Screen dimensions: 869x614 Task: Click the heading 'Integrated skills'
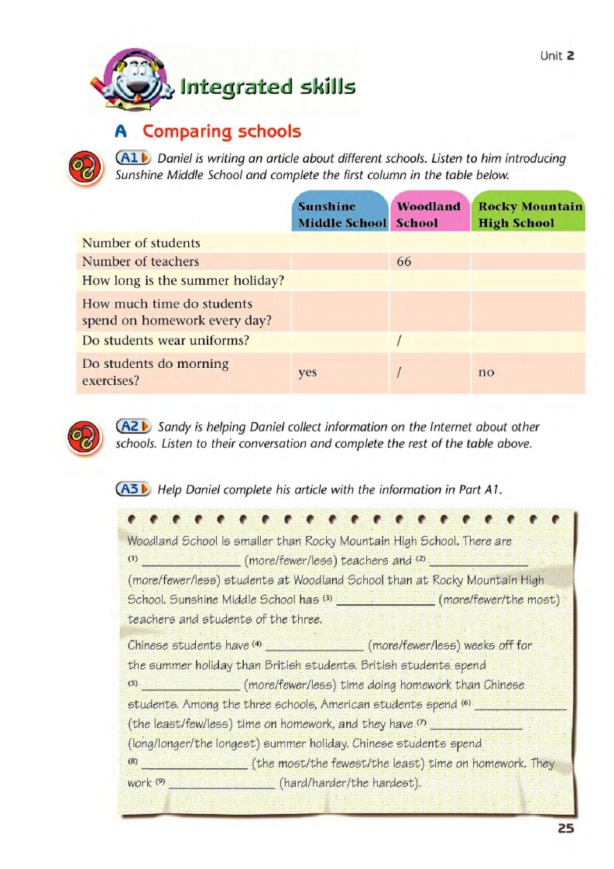click(267, 86)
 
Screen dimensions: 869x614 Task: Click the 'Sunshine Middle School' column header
click(341, 215)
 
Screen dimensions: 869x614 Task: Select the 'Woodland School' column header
click(428, 215)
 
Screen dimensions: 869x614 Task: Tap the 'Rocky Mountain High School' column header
click(530, 215)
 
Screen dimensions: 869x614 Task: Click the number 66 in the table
click(403, 262)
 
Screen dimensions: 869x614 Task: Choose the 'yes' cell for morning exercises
click(307, 373)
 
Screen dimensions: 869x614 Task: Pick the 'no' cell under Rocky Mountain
click(486, 373)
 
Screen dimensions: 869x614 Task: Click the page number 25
click(565, 828)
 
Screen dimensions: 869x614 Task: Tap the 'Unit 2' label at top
click(557, 56)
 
